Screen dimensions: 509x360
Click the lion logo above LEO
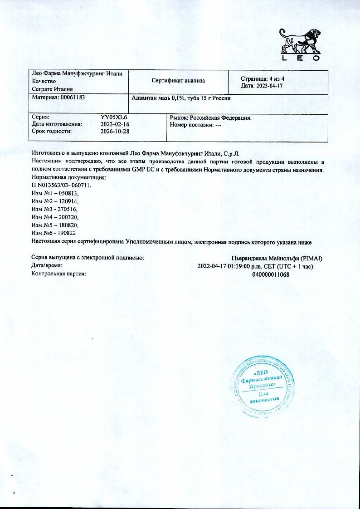300,41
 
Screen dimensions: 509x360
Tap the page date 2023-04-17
268,86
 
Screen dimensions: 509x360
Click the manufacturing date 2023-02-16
115,124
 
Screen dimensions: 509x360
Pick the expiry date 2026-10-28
115,131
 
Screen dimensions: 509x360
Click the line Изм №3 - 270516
55,209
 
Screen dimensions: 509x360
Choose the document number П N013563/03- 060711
62,186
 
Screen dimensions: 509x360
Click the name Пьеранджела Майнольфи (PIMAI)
280,258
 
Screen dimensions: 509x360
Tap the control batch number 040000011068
270,274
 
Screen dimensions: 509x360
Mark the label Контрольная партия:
58,274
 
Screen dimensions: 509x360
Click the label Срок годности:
52,131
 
